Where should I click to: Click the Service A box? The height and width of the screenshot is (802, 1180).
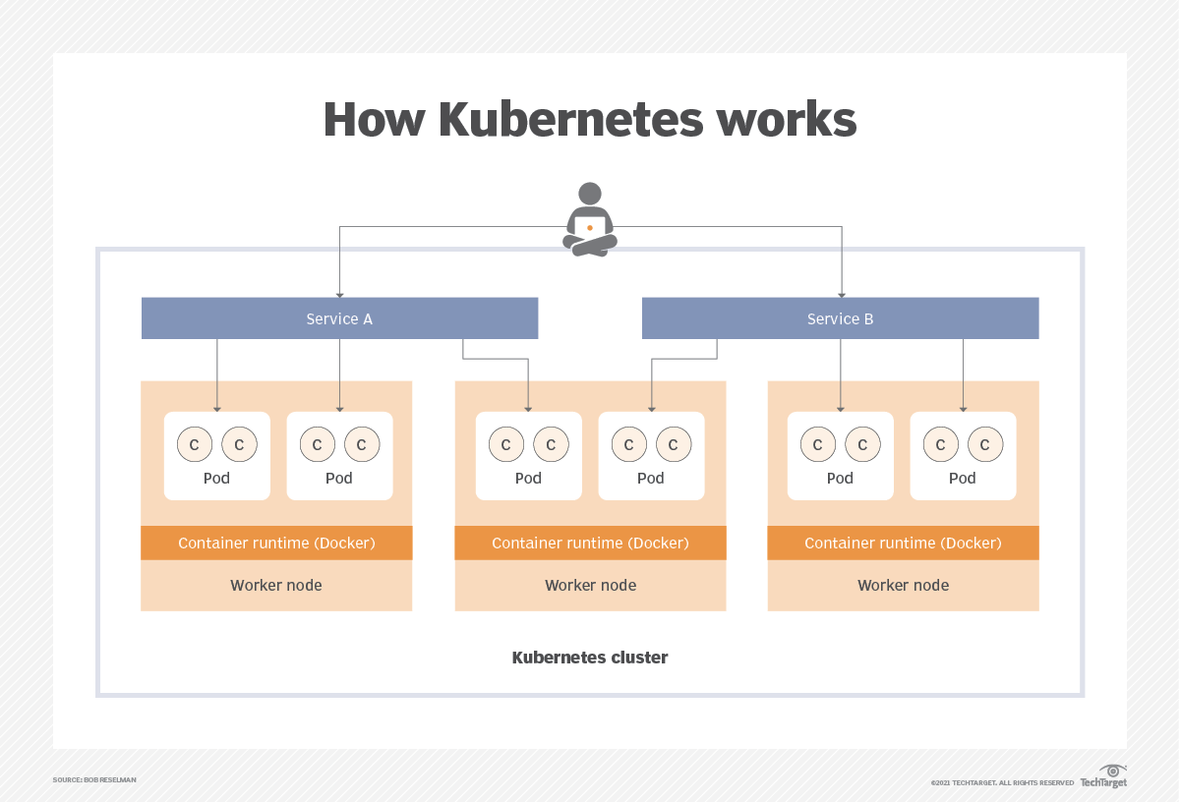(339, 318)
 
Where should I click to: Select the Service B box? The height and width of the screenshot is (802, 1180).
(840, 318)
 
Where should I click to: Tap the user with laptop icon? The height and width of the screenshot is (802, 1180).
(590, 222)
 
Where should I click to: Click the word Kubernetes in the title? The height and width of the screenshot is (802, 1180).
(570, 120)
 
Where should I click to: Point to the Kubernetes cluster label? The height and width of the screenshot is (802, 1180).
(590, 658)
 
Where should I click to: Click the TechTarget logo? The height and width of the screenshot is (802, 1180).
(1104, 776)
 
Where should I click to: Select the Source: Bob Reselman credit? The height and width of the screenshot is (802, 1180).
(94, 779)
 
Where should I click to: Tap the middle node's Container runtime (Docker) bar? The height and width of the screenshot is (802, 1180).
(590, 543)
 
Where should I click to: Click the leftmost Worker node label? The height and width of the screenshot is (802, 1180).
(276, 585)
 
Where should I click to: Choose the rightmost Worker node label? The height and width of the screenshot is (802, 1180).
(903, 585)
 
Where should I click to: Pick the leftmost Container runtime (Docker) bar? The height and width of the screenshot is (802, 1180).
(276, 543)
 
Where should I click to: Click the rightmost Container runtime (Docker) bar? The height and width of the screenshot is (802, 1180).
(903, 543)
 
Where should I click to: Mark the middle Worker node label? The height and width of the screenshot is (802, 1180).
(590, 585)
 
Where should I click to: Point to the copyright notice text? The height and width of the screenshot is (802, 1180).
(1002, 783)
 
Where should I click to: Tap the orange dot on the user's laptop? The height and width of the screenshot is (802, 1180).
(590, 227)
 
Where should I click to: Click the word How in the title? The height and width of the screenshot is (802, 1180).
(374, 120)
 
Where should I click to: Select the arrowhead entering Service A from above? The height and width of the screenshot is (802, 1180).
(339, 294)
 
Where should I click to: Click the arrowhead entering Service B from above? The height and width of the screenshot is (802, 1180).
(841, 294)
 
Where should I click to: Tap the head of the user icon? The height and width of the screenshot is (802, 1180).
(590, 194)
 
